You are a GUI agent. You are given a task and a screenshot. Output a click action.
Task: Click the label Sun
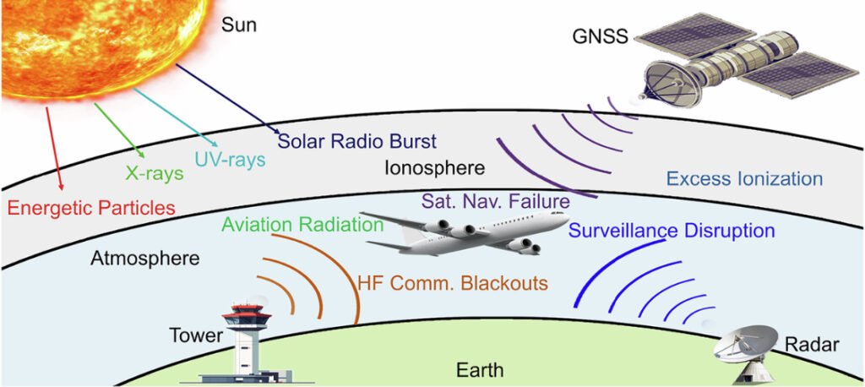239,25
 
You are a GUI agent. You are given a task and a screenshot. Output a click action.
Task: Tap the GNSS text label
601,37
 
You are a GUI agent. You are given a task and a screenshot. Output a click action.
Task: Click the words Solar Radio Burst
357,141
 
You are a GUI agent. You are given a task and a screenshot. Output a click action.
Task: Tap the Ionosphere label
435,168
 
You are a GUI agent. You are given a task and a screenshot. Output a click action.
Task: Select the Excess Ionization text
745,179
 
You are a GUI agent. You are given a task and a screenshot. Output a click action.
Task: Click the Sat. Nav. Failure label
496,200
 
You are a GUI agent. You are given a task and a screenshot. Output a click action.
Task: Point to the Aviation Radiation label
302,225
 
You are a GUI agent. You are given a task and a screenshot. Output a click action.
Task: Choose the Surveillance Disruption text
671,230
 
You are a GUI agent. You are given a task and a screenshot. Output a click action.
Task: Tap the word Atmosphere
144,258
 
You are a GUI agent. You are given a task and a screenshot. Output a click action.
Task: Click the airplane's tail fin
411,235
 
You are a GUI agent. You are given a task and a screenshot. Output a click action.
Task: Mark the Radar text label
812,346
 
